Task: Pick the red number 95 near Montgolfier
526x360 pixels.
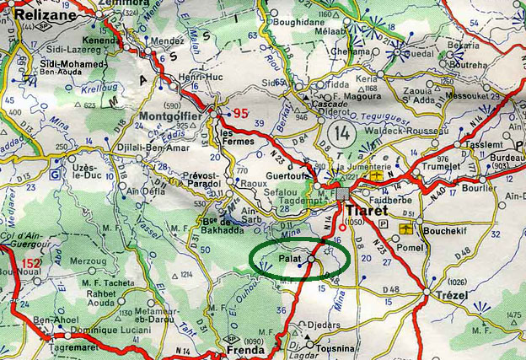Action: coord(242,113)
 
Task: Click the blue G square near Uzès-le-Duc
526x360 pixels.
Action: coord(56,175)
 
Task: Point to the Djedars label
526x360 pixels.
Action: coord(324,325)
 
